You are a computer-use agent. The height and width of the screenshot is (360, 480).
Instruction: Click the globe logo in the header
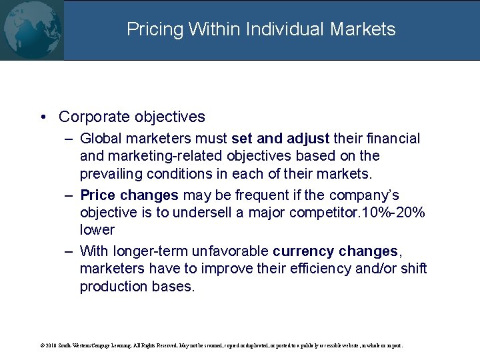pyautogui.click(x=32, y=30)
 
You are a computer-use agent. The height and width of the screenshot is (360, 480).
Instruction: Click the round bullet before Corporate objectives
pyautogui.click(x=43, y=117)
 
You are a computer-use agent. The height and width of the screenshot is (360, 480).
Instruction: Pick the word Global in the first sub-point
pyautogui.click(x=101, y=139)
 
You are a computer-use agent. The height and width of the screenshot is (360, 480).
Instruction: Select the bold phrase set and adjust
pyautogui.click(x=280, y=139)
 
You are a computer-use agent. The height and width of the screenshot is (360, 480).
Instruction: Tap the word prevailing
pyautogui.click(x=112, y=173)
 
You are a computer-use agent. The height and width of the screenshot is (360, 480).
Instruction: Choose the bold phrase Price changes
pyautogui.click(x=129, y=195)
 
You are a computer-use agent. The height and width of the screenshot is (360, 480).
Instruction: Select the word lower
pyautogui.click(x=97, y=230)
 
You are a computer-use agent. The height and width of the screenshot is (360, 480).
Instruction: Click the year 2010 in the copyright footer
pyautogui.click(x=51, y=346)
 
